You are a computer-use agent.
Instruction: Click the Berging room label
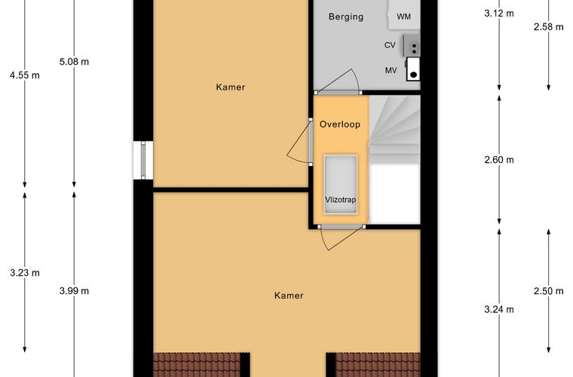click(346, 17)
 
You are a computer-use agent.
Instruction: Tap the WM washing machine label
click(403, 17)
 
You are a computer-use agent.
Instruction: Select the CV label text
click(390, 45)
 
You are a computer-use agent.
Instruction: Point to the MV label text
click(391, 70)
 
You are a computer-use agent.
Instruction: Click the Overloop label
click(340, 124)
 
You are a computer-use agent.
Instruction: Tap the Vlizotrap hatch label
click(340, 200)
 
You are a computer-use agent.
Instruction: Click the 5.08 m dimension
click(74, 62)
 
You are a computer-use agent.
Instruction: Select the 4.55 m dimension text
click(25, 75)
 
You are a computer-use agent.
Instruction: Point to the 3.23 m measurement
click(25, 273)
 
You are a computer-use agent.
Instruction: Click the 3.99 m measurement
click(74, 291)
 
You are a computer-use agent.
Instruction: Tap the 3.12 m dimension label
click(499, 14)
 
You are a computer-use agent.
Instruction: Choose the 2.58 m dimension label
click(549, 26)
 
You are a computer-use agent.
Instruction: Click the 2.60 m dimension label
click(499, 160)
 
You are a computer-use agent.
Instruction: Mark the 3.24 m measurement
click(499, 309)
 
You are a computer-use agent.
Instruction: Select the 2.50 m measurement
click(549, 291)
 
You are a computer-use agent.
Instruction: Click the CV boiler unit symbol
click(412, 45)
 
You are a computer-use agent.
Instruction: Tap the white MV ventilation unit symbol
click(413, 69)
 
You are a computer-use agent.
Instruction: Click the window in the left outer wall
click(143, 160)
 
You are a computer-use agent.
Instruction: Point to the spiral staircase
click(394, 130)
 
